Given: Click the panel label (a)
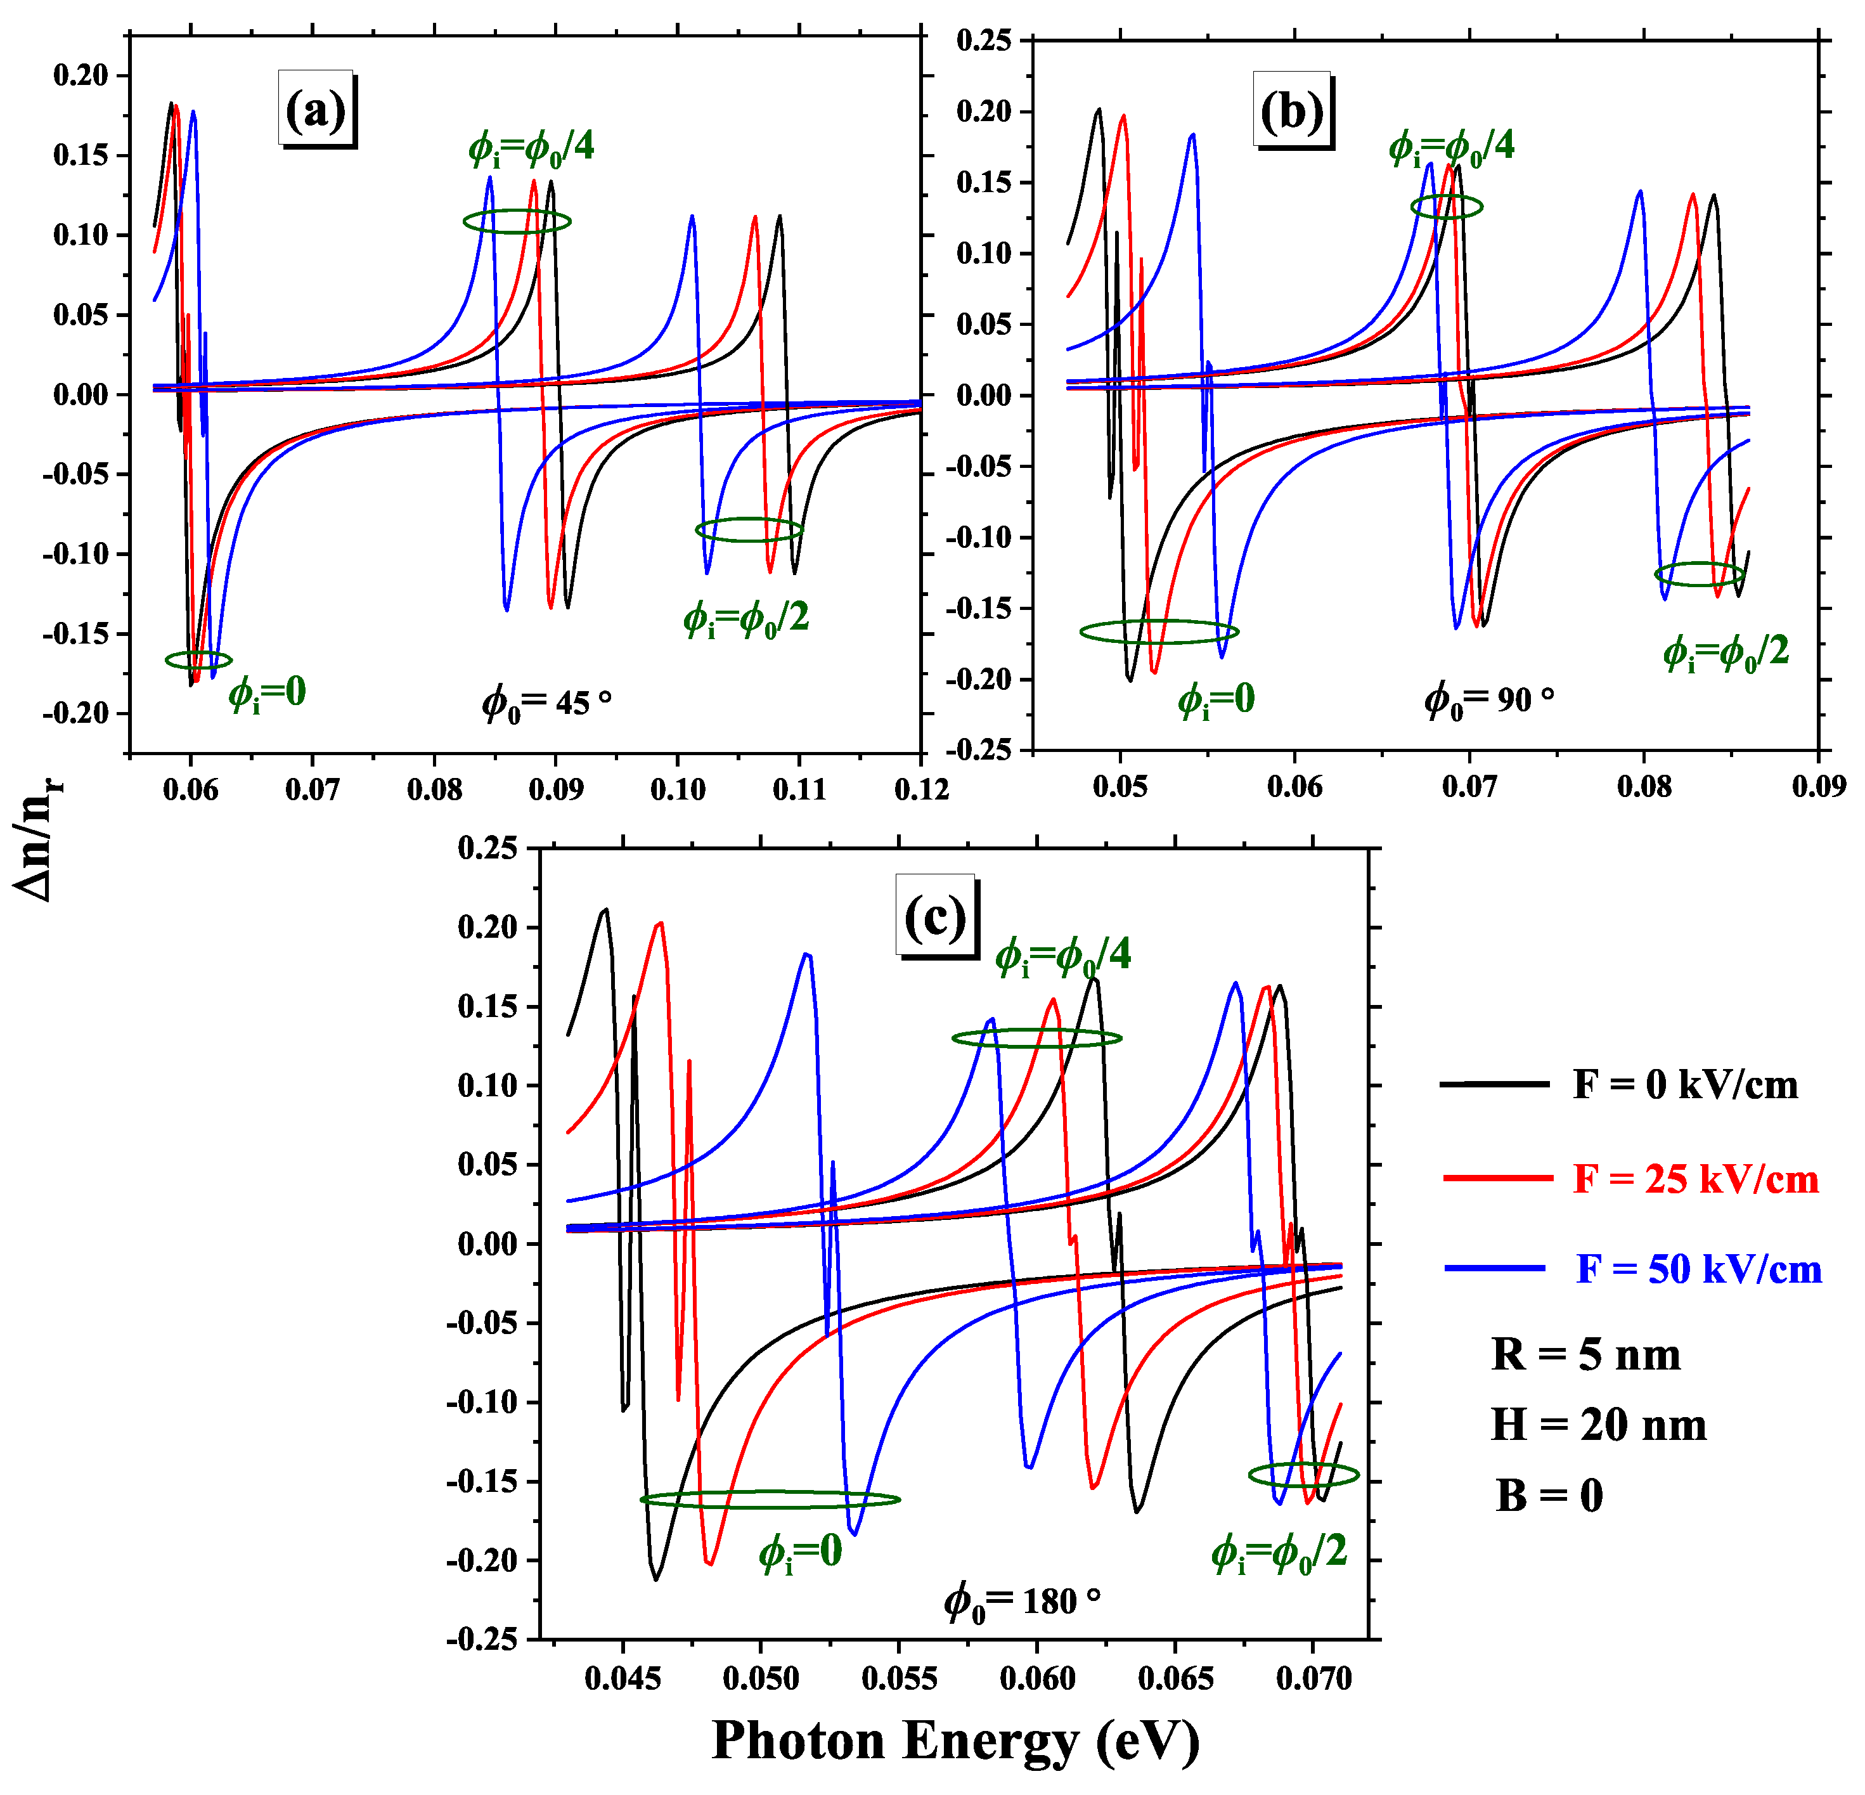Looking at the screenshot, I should [316, 110].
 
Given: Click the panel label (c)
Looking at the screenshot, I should [936, 917].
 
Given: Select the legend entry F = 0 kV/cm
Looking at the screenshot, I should [1684, 1085].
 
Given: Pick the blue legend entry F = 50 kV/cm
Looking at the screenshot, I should [1698, 1269].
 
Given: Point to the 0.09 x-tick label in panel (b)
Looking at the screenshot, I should [1817, 786].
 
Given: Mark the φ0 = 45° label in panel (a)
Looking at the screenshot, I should [546, 703].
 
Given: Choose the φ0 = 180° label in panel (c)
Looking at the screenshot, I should [1022, 1601].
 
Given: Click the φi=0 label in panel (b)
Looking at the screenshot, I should [1216, 699].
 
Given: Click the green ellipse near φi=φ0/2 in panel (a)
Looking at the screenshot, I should [749, 529].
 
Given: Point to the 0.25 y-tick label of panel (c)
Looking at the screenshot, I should [487, 848].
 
